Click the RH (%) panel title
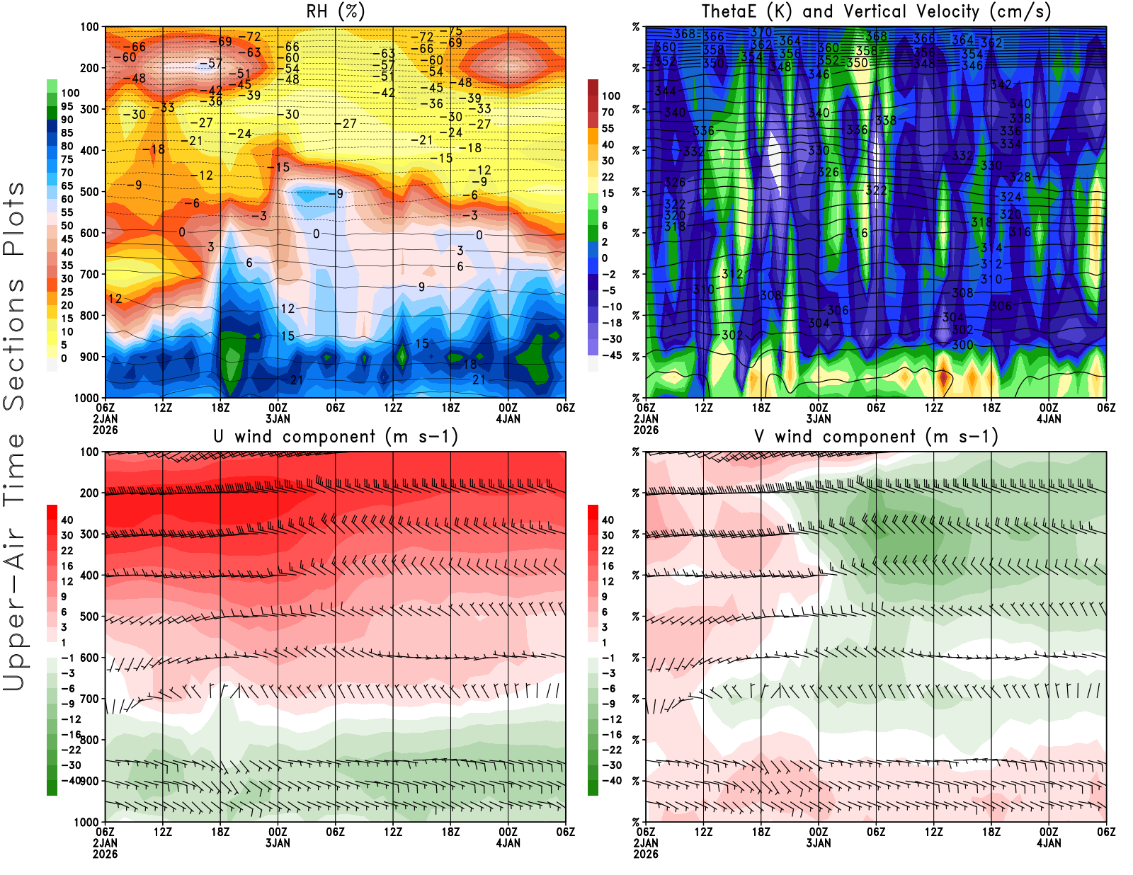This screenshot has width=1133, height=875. [x=335, y=12]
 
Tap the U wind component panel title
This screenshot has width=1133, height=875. [x=336, y=437]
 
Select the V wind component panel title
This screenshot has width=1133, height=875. [x=876, y=437]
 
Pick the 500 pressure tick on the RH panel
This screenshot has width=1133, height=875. [x=89, y=192]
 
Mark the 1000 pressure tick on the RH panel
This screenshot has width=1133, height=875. [x=86, y=398]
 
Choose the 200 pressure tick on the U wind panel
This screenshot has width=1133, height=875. [x=89, y=493]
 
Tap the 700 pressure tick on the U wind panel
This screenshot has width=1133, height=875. [x=89, y=699]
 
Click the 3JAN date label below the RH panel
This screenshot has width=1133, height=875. [x=278, y=418]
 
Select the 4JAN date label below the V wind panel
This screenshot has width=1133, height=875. [x=1049, y=843]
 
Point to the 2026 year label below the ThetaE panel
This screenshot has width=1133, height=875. [x=646, y=430]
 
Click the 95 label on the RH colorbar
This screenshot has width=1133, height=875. [x=67, y=106]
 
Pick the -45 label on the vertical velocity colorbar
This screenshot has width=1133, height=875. [x=611, y=355]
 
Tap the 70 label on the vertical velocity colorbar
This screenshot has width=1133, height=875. [x=608, y=112]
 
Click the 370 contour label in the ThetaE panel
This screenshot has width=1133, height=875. [x=761, y=32]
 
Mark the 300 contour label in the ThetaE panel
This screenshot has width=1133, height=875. [x=962, y=345]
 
